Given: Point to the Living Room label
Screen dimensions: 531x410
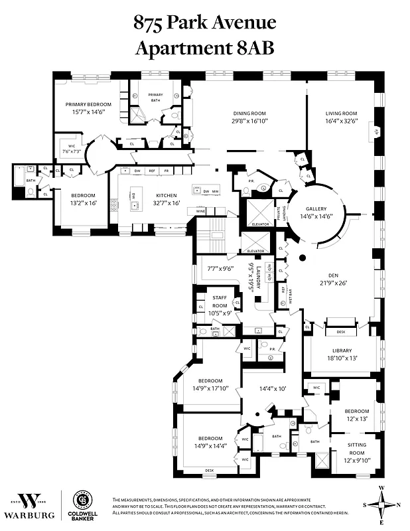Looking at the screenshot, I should (341, 113).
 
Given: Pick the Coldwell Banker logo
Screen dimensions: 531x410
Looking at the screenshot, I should (84, 506).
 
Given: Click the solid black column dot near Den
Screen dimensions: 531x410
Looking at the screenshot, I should (303, 258).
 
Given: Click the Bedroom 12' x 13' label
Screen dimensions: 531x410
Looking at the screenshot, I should (356, 415).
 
